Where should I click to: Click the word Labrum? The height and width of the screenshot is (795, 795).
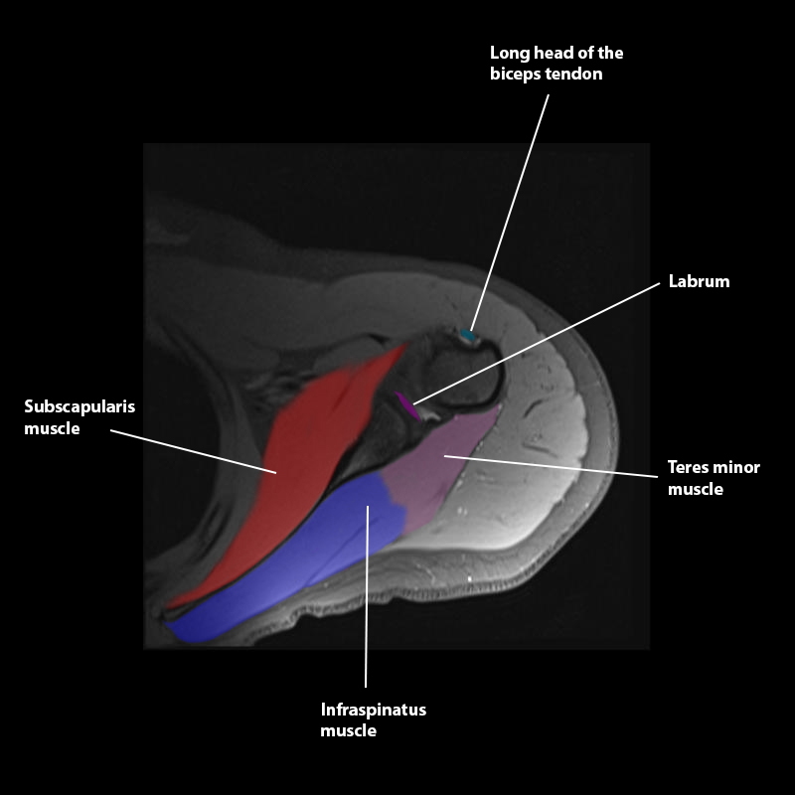[x=699, y=281]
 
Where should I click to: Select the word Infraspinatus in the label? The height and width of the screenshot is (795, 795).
[x=373, y=710]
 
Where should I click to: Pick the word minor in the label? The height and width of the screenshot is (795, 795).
[x=736, y=467]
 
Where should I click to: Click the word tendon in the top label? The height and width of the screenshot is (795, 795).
[x=573, y=75]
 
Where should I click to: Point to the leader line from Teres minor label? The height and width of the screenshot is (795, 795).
[x=556, y=466]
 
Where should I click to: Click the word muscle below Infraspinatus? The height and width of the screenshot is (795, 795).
[x=348, y=731]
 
